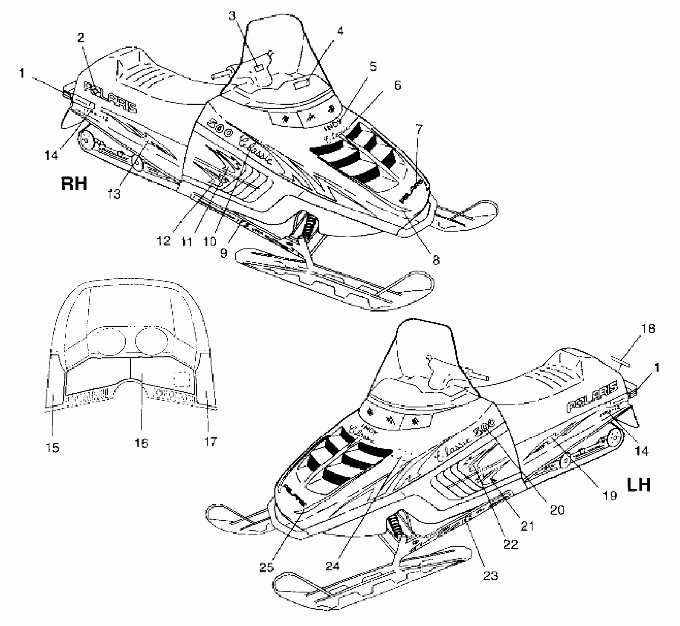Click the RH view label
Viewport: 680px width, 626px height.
pos(74,183)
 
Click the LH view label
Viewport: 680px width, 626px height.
pos(639,485)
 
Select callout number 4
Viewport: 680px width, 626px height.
pos(340,31)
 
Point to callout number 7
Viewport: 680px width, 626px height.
pos(419,129)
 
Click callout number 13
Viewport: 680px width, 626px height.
pos(114,194)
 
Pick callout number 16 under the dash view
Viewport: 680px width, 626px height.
pos(141,443)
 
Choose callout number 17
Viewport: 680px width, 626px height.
pos(210,441)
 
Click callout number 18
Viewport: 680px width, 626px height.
pos(648,328)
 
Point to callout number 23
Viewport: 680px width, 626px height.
pos(490,574)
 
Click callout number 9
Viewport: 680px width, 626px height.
pos(224,253)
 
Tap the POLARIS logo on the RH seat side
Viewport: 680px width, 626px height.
pos(110,98)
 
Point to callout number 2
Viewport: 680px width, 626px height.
pos(80,37)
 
